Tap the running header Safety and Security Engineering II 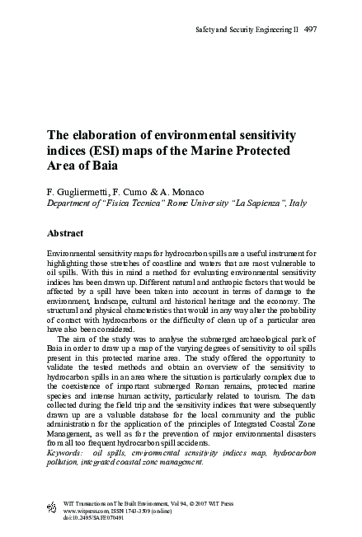[245, 30]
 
